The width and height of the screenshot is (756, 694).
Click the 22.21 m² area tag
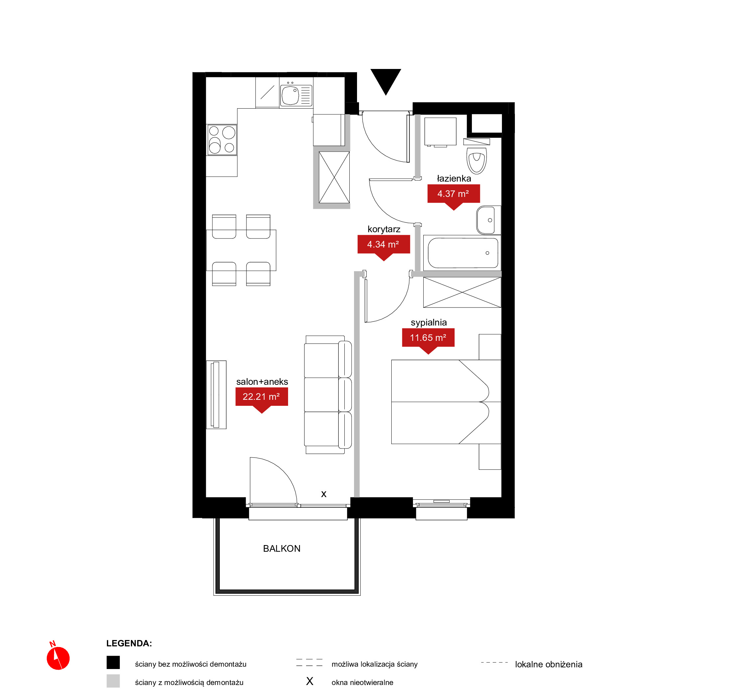click(262, 399)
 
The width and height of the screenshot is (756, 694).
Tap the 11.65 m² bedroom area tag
click(428, 340)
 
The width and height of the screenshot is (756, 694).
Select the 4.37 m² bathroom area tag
click(454, 196)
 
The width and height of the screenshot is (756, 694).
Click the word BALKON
click(282, 549)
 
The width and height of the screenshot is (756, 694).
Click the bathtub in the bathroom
click(463, 253)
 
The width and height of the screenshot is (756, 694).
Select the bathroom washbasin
click(488, 220)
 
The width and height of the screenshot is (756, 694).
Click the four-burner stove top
click(222, 140)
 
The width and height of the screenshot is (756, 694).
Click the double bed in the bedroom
click(446, 402)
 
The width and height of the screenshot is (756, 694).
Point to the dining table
click(241, 250)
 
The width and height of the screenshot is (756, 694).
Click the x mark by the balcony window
click(324, 494)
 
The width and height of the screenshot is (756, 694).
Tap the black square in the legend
click(113, 662)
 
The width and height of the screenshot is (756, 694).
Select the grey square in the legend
click(113, 681)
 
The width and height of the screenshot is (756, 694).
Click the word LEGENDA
click(129, 643)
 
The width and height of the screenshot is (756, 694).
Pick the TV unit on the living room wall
click(216, 395)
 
